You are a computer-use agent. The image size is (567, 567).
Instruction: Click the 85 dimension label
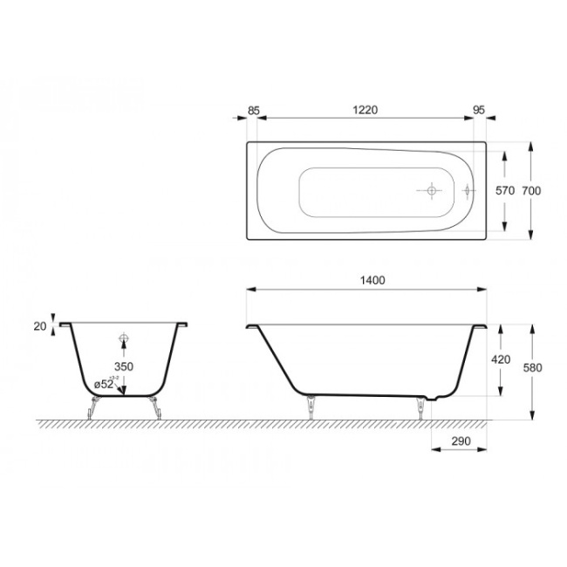click(254, 110)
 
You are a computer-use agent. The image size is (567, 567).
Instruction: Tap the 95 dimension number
click(478, 110)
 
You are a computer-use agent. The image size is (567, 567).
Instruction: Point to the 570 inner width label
click(504, 190)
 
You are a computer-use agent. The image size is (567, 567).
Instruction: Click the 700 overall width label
click(543, 190)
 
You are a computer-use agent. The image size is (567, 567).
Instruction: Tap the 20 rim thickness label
click(38, 325)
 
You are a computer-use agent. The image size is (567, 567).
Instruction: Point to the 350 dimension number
click(124, 367)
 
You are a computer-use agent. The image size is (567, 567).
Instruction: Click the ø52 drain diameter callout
click(105, 384)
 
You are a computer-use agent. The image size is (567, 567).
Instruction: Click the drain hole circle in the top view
click(430, 190)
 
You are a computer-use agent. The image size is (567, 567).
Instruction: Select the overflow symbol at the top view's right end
click(468, 190)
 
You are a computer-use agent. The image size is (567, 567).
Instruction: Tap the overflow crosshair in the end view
click(124, 338)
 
